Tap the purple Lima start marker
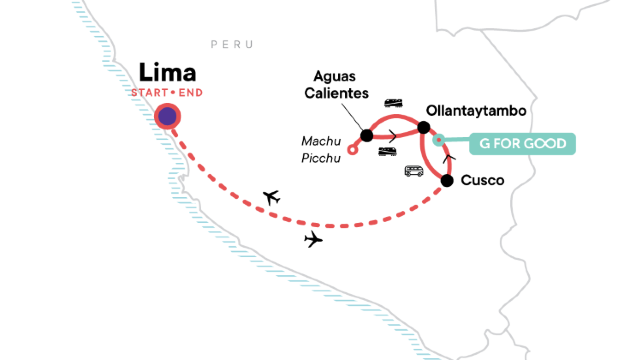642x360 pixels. pyautogui.click(x=167, y=117)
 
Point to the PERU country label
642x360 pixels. pyautogui.click(x=232, y=45)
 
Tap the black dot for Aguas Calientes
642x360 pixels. pyautogui.click(x=367, y=136)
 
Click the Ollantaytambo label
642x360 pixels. pyautogui.click(x=475, y=109)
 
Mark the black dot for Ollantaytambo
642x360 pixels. pyautogui.click(x=423, y=127)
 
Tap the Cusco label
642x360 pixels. pyautogui.click(x=481, y=181)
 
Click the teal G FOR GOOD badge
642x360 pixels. pyautogui.click(x=524, y=144)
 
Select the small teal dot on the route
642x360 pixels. pyautogui.click(x=438, y=143)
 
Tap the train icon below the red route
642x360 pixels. pyautogui.click(x=388, y=151)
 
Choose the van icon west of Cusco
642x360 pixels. pyautogui.click(x=413, y=171)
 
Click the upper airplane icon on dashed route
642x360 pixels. pyautogui.click(x=269, y=196)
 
